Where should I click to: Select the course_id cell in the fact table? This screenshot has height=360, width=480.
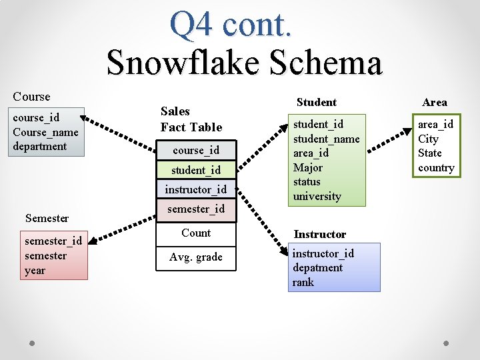[x=196, y=150]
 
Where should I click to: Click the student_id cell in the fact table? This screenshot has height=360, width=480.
[x=196, y=170]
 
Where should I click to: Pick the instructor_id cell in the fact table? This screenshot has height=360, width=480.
[x=196, y=189]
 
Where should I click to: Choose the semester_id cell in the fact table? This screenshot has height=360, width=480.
[x=196, y=209]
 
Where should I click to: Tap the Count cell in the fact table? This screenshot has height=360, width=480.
[x=196, y=233]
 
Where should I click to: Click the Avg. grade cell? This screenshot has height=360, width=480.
[x=196, y=257]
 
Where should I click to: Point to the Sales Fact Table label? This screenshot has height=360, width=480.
[x=191, y=119]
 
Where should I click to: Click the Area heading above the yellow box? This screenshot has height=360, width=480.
[x=435, y=102]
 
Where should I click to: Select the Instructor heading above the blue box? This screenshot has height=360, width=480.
[x=320, y=234]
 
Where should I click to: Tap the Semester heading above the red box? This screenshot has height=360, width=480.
[x=47, y=218]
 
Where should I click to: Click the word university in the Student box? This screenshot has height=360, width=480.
[x=317, y=196]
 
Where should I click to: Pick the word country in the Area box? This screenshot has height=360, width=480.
[x=436, y=167]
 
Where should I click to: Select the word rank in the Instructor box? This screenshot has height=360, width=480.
[x=303, y=282]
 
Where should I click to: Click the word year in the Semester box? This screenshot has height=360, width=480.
[x=35, y=270]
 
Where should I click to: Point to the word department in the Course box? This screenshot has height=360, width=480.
[x=40, y=146]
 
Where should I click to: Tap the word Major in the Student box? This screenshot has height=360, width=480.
[x=307, y=167]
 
